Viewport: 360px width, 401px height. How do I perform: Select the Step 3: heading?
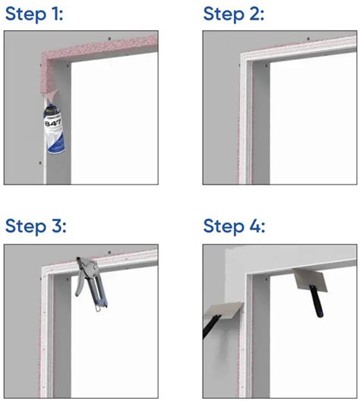(36, 226)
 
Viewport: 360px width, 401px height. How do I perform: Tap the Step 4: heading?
(235, 226)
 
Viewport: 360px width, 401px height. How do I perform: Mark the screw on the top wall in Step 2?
(308, 36)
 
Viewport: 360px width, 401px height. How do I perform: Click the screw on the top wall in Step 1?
(109, 36)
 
